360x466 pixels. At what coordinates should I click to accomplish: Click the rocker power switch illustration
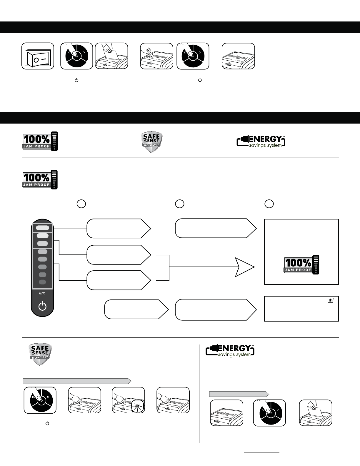(x=38, y=56)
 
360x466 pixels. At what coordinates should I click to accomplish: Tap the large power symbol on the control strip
(x=43, y=307)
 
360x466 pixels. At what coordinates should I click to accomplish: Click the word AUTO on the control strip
(x=43, y=293)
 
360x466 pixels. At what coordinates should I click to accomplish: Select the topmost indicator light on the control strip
(x=43, y=228)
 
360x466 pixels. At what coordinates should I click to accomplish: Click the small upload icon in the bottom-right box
(x=331, y=300)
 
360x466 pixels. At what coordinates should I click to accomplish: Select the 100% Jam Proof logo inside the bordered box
(x=301, y=264)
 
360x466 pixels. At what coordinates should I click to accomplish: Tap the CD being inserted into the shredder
(x=150, y=55)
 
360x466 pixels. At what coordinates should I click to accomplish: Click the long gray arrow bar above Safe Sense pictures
(x=77, y=381)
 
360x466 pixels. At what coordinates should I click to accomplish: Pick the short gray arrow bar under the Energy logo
(x=239, y=394)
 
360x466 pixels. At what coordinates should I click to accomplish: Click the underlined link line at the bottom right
(x=262, y=452)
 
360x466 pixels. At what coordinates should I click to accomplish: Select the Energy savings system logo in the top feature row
(x=261, y=142)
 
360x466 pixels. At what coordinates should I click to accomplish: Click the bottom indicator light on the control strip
(x=43, y=282)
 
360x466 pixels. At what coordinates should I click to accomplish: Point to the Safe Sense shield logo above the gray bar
(x=40, y=354)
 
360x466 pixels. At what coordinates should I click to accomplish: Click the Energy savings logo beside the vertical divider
(x=230, y=351)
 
